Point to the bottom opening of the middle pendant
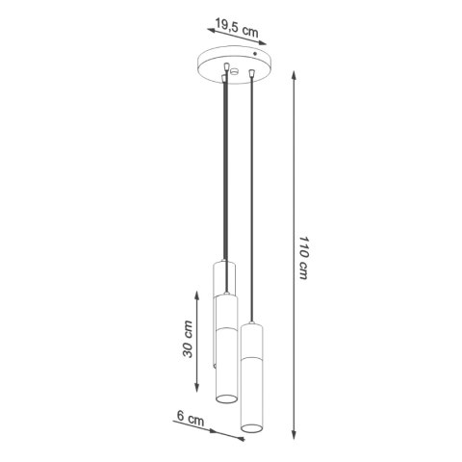tap(225, 399)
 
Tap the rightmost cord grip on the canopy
tap(252, 75)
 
